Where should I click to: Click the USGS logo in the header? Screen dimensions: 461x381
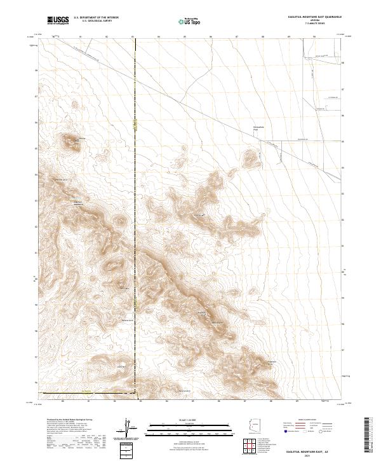pos(58,20)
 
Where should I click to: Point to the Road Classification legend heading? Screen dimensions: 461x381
pos(305,420)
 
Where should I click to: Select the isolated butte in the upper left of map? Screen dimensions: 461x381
pos(69,142)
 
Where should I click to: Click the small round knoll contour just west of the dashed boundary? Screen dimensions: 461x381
pos(119,223)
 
